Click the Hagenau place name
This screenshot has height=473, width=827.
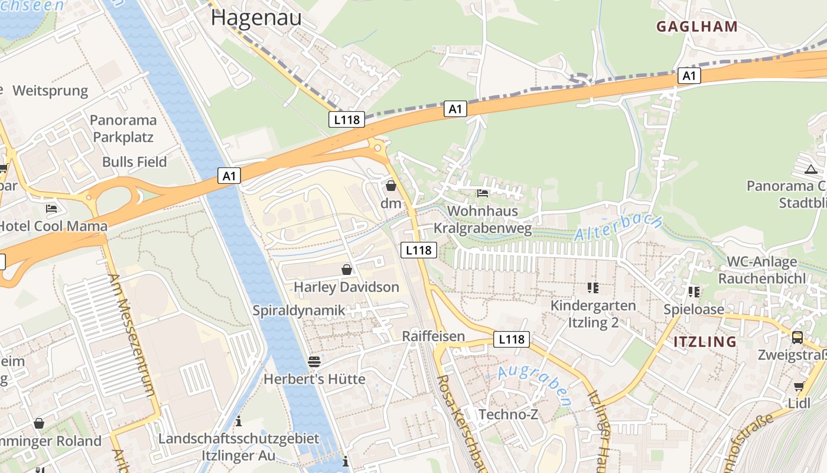(x=256, y=18)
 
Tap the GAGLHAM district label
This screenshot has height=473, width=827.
(x=697, y=26)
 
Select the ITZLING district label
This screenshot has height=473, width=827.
(x=705, y=342)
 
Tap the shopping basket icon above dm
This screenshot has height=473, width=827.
(x=390, y=186)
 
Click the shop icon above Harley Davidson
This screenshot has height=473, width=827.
(x=347, y=270)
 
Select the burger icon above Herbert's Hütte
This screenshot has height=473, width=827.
(x=314, y=362)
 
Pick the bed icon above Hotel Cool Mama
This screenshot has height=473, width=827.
(x=51, y=209)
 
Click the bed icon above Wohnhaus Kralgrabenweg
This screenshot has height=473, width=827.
(x=483, y=193)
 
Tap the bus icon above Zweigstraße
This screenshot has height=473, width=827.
(x=797, y=338)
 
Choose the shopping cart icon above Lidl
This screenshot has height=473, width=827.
(x=799, y=387)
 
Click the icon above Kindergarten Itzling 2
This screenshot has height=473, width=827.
(x=593, y=288)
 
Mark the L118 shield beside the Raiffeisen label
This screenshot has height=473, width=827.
(x=511, y=339)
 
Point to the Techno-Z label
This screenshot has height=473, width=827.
(x=508, y=414)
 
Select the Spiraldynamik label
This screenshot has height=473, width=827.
(x=299, y=310)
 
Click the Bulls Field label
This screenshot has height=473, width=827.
(x=134, y=162)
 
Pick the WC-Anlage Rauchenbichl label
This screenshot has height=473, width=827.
(x=761, y=270)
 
